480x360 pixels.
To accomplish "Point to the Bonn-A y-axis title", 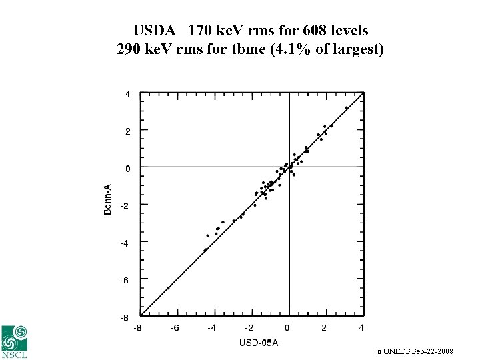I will [x=108, y=200].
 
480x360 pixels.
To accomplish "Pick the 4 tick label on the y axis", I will [x=127, y=94].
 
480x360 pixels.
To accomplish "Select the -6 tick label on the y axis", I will [x=125, y=281].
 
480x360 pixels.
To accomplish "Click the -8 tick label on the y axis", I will [x=125, y=318].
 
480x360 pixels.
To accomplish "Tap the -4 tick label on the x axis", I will [x=211, y=327].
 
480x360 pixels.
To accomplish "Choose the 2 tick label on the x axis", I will [x=324, y=327].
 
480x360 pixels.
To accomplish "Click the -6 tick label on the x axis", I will [x=174, y=327].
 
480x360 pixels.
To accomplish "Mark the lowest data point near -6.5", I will [x=168, y=288].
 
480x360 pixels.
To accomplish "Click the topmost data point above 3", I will [x=346, y=107].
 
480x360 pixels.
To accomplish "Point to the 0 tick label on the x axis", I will [x=287, y=327].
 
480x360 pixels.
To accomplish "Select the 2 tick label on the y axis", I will [x=127, y=131].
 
